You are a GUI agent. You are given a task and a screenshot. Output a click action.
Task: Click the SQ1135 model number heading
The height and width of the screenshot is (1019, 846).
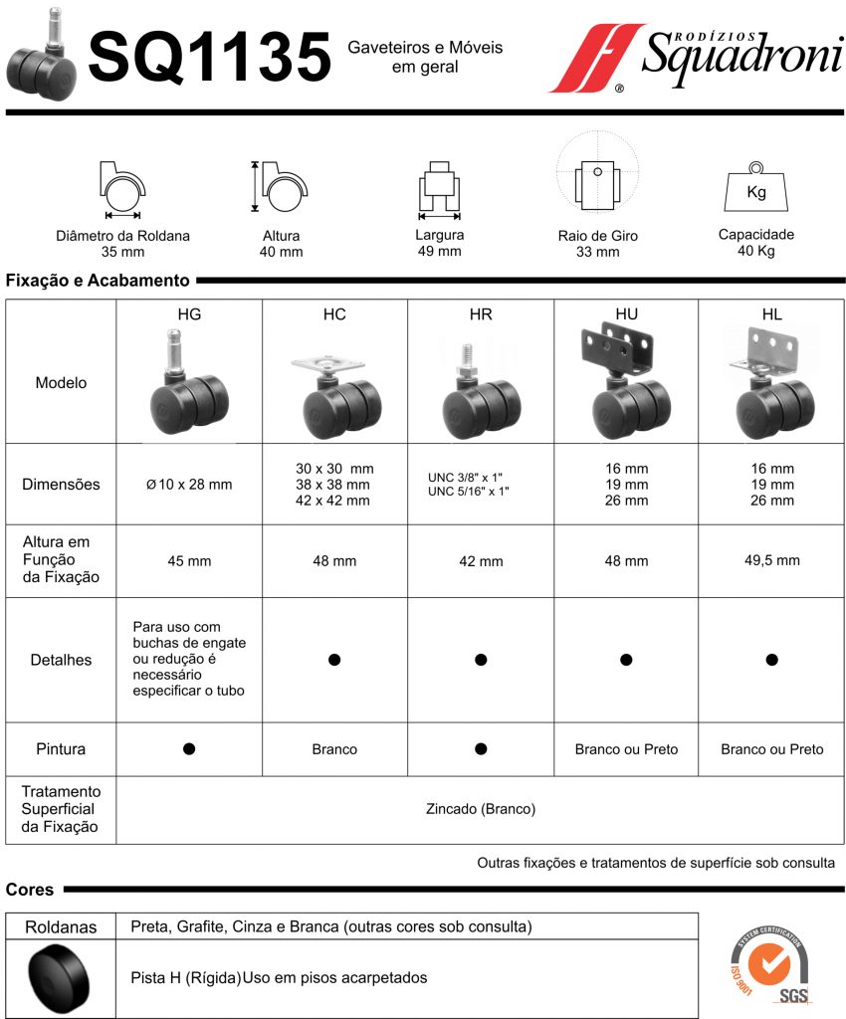tap(209, 57)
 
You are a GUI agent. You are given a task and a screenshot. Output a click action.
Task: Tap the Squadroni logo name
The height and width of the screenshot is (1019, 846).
tap(740, 55)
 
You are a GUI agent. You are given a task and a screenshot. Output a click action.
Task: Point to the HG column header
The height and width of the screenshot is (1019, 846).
tap(189, 314)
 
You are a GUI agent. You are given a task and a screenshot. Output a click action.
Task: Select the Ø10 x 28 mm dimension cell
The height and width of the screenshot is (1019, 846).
tap(189, 485)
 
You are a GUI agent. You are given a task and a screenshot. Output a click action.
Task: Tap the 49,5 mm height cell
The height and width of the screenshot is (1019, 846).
tap(771, 560)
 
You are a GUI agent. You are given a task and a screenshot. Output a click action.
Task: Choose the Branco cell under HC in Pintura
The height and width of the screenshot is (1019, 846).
tap(334, 749)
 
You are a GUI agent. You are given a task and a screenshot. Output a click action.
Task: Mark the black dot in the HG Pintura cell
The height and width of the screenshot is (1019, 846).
tap(189, 748)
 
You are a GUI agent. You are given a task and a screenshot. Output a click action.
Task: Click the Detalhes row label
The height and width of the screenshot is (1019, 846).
tap(62, 660)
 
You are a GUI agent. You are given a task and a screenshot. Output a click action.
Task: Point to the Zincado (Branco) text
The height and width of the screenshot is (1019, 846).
tap(480, 809)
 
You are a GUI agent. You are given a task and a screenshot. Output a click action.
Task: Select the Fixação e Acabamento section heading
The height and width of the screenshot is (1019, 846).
tap(98, 282)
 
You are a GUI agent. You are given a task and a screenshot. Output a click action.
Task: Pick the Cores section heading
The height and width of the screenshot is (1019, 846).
tap(30, 890)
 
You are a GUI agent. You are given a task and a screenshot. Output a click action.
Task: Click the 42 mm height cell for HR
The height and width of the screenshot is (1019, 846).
tap(481, 561)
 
